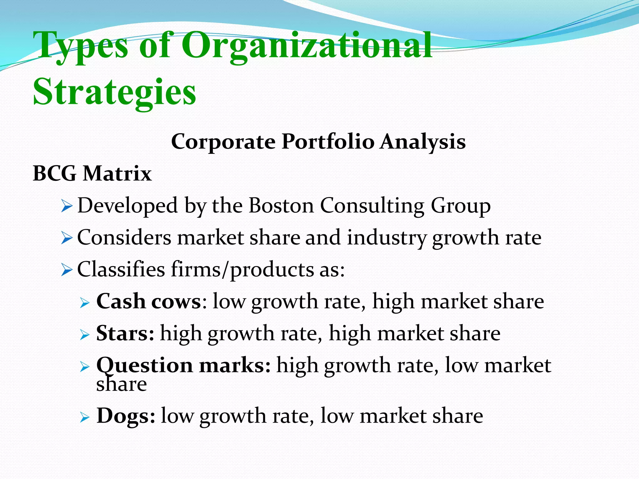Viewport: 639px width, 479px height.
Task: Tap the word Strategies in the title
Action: pos(115,92)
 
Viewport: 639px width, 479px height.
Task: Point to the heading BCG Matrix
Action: pos(92,173)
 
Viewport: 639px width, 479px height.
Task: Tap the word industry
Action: pos(386,238)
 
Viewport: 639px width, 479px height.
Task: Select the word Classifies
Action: pos(121,269)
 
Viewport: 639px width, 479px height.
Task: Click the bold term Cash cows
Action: pos(149,302)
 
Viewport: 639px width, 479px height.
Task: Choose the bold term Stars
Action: pos(125,333)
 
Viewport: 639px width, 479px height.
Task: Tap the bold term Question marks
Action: pos(183,365)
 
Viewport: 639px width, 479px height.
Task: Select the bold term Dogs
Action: pos(125,416)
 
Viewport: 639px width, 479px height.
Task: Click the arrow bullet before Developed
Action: pos(67,206)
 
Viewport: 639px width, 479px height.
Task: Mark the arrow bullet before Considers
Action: pos(67,238)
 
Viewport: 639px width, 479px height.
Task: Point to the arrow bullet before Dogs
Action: pos(85,417)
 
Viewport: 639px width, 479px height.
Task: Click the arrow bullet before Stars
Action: pos(85,335)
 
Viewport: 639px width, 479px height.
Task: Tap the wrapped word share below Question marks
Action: pos(121,384)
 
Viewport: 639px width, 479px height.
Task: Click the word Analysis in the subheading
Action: pos(423,142)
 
